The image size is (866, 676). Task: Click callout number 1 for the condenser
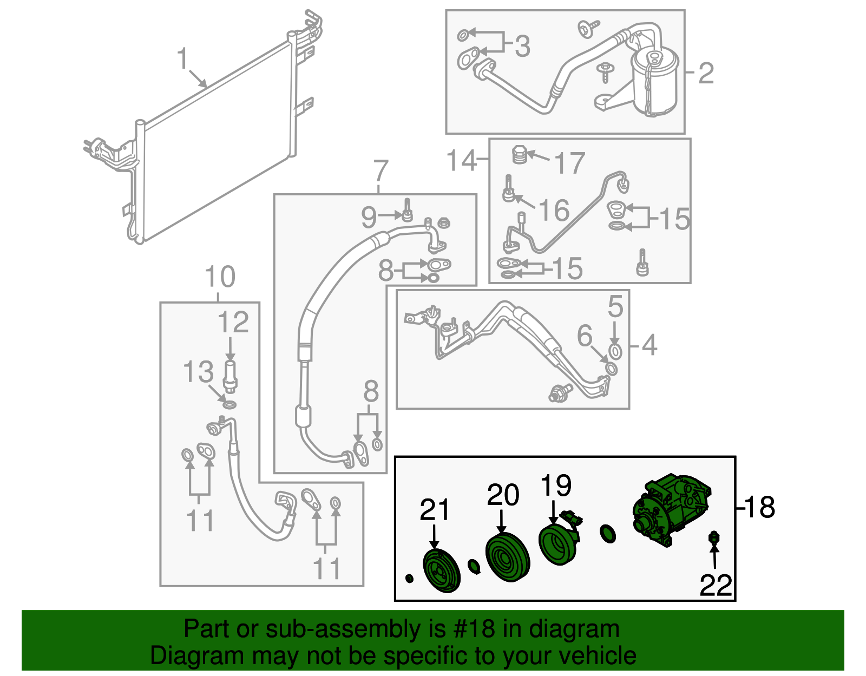click(183, 58)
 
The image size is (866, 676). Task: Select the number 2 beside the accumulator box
click(706, 73)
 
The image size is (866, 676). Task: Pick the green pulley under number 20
click(507, 557)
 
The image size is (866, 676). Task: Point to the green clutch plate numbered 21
click(441, 571)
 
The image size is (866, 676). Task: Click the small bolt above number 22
click(714, 538)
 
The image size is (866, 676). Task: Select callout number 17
click(570, 163)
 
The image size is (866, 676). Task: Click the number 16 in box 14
click(554, 210)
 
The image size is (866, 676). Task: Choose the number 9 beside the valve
click(369, 217)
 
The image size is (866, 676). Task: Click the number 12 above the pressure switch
click(233, 323)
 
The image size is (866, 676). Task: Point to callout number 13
click(198, 372)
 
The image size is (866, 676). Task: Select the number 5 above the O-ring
click(615, 307)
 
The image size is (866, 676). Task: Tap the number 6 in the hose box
click(585, 336)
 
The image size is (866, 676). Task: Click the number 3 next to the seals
click(522, 46)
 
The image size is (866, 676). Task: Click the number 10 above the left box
click(220, 277)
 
